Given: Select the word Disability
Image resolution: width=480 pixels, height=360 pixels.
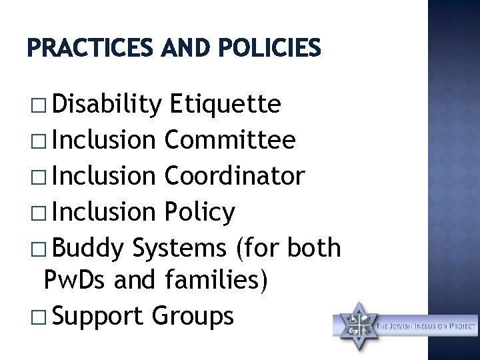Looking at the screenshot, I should [x=106, y=105].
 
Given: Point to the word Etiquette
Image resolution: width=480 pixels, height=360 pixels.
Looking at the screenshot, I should [x=225, y=105].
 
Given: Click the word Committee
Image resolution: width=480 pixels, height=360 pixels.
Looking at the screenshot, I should [x=229, y=141].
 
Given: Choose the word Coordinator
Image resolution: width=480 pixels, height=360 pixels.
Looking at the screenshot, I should [x=234, y=177].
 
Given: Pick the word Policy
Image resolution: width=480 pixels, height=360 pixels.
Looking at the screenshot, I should [x=199, y=213].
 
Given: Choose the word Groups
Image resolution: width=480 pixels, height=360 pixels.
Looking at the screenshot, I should [x=193, y=317].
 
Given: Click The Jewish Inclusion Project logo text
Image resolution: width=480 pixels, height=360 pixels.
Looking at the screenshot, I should [x=427, y=326].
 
